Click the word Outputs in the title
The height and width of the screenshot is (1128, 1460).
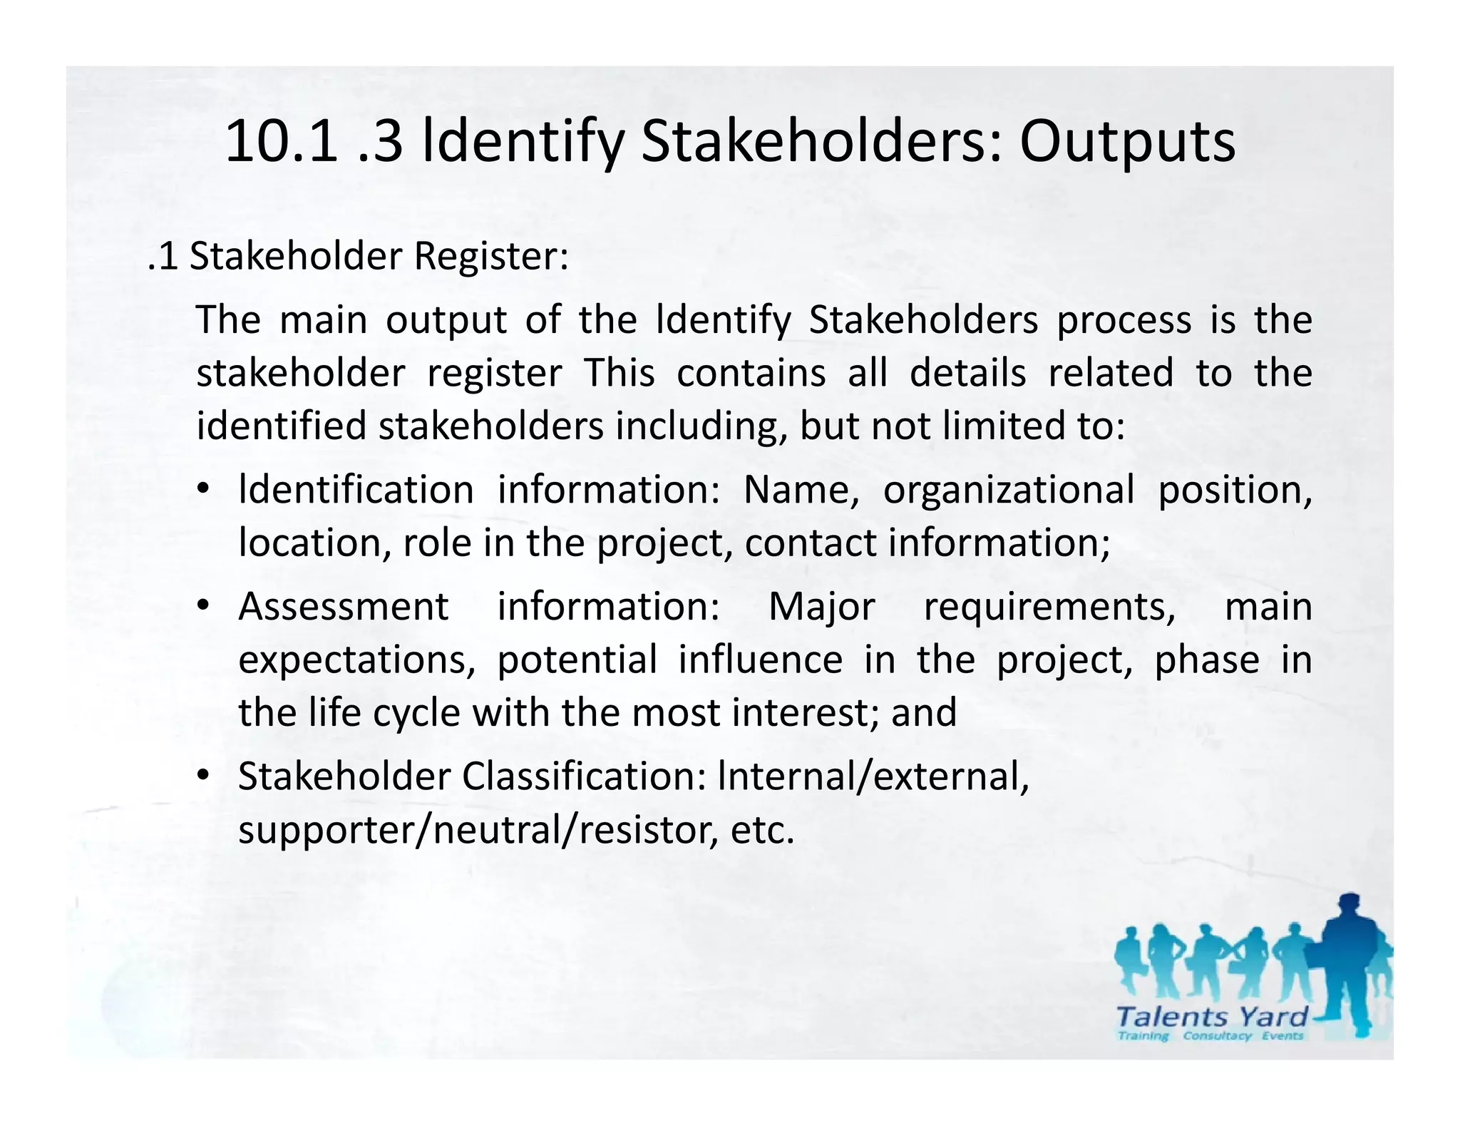(x=1127, y=143)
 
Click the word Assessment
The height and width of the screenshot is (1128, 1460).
(x=344, y=607)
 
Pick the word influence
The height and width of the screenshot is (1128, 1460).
(x=760, y=660)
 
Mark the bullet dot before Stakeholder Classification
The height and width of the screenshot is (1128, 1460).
(x=203, y=775)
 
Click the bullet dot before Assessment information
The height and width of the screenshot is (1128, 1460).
(x=203, y=606)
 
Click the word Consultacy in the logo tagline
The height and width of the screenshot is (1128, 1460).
(x=1217, y=1036)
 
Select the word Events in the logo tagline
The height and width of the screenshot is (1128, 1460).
(x=1282, y=1036)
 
